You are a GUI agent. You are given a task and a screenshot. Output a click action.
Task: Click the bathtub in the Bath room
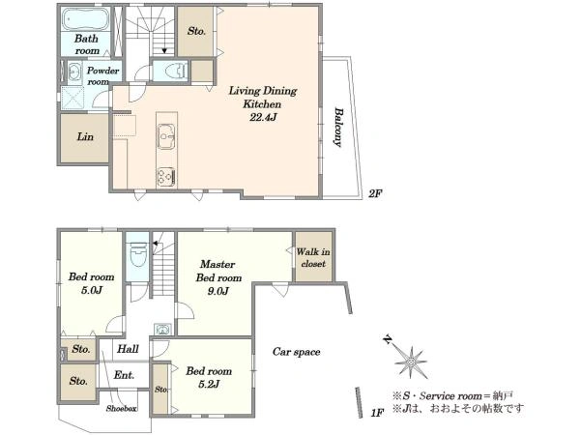coord(85,19)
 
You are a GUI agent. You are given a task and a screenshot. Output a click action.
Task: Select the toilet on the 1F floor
coord(137,253)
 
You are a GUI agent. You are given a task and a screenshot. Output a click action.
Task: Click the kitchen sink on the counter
coord(166,136)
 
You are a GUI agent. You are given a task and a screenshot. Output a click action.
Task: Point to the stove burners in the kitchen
coord(166,177)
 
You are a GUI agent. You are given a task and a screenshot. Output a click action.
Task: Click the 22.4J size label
coord(263,118)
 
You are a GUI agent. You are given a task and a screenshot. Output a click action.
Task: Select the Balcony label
coord(337,128)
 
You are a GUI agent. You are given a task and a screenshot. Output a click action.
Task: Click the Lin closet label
coord(85,136)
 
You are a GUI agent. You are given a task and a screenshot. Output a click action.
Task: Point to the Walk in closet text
coord(313,258)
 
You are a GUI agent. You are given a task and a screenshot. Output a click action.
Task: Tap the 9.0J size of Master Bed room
coord(217,291)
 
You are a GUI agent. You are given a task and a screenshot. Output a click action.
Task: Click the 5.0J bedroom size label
coord(92,290)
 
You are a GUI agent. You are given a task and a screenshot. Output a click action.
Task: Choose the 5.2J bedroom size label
coord(209,384)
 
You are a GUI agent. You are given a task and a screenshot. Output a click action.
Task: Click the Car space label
coord(297,352)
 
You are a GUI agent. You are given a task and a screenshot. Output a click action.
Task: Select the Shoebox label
coord(122,408)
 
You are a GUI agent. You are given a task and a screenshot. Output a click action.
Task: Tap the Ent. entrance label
coord(124,375)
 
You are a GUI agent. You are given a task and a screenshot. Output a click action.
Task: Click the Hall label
coord(128,348)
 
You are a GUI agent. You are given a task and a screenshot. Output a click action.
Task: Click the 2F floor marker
coord(375,193)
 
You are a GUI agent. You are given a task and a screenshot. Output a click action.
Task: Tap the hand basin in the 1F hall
coord(162,329)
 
